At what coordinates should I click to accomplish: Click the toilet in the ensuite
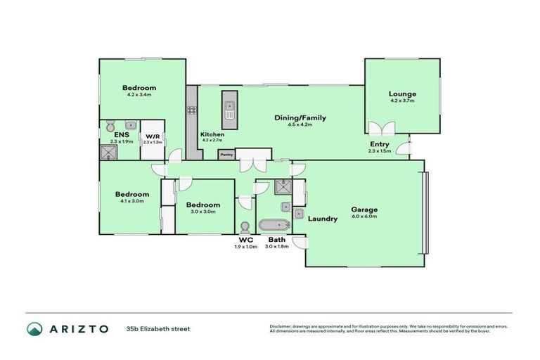[x=110, y=127]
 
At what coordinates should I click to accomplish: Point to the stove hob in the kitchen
[x=191, y=110]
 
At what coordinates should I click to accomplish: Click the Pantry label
[x=226, y=154]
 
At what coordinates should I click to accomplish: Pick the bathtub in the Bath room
[x=274, y=226]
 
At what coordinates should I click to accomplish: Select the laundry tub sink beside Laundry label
[x=299, y=213]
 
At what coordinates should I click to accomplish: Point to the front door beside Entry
[x=402, y=148]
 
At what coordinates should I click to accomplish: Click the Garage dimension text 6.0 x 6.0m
[x=365, y=217]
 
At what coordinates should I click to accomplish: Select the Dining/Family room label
[x=300, y=117]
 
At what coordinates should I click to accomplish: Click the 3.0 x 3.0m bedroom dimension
[x=204, y=212]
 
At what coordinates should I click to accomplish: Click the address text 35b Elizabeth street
[x=158, y=328]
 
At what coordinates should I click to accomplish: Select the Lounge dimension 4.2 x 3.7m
[x=402, y=101]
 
